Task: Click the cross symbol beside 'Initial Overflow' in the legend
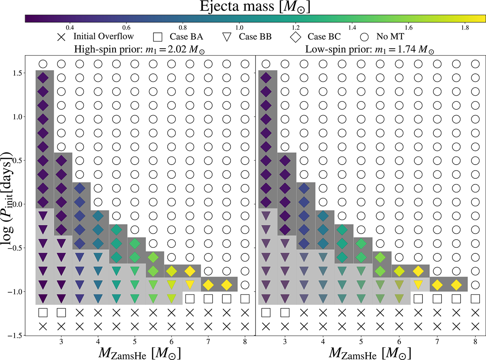tap(61, 37)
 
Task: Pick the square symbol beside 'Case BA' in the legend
tap(158, 37)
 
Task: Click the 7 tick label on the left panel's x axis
tap(208, 341)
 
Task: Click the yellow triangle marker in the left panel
tap(190, 284)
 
